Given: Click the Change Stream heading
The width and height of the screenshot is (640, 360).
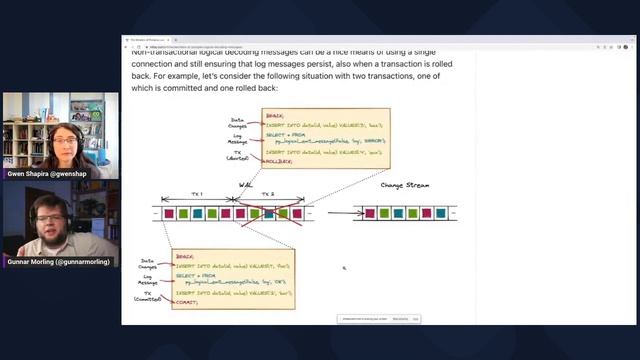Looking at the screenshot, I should click(x=404, y=185).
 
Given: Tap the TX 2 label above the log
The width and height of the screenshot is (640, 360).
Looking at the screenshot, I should click(x=268, y=193).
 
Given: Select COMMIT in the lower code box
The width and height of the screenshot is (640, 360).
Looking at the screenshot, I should click(x=187, y=301).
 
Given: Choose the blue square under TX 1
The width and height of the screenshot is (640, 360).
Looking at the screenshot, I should click(x=197, y=213).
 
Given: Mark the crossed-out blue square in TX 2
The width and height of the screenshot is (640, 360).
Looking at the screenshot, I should click(x=268, y=213).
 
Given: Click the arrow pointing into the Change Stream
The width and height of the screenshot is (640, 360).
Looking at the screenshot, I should click(x=345, y=212).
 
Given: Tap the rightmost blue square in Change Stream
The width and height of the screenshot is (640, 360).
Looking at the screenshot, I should click(x=441, y=213).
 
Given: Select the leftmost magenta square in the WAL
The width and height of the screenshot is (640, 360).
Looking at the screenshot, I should click(x=169, y=213).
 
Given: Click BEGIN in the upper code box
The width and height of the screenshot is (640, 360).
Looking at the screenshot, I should click(x=273, y=115).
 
